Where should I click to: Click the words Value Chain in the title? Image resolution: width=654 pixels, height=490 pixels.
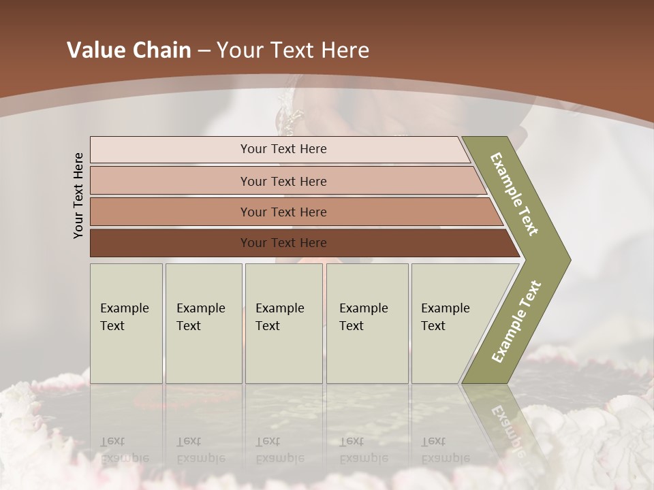pos(129,50)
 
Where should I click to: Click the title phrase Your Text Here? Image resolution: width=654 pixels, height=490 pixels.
pos(293,50)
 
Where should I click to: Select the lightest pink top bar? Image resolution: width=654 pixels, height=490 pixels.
pos(170,149)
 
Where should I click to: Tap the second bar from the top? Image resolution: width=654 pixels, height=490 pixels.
pos(170,181)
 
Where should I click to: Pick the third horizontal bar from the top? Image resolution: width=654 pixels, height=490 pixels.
pos(170,212)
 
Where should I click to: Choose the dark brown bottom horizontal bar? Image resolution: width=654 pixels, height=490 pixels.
pos(170,243)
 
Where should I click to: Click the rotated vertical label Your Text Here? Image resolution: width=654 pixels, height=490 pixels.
pos(78,195)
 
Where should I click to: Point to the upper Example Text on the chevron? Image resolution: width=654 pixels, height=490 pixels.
pos(514,194)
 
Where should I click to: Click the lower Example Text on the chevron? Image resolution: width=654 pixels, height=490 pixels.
pos(516,322)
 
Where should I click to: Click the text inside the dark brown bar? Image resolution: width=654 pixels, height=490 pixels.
pos(283,243)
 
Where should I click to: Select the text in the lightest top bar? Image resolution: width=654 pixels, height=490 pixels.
pos(283,149)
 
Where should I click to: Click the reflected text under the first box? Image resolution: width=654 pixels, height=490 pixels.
pos(124,450)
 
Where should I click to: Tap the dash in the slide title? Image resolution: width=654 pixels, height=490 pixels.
pos(204,50)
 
